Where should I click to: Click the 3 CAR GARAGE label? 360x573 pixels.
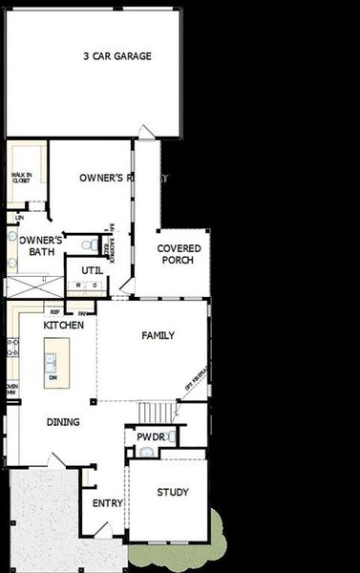click(x=116, y=56)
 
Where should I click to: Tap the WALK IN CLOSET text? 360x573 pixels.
click(x=22, y=178)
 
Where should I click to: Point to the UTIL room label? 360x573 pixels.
click(x=92, y=269)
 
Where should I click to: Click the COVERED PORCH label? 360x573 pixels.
click(x=178, y=254)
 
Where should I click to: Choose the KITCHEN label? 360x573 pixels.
click(x=64, y=326)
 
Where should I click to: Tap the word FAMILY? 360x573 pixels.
click(x=158, y=335)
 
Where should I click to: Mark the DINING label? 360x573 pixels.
click(x=63, y=421)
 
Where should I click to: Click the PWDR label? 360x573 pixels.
click(x=151, y=436)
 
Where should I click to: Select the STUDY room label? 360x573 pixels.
click(x=173, y=493)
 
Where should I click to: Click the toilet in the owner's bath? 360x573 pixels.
click(x=88, y=245)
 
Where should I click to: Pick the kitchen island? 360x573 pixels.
click(x=51, y=364)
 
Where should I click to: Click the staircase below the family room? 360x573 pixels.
click(x=158, y=412)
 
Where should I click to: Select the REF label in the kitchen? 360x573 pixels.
click(x=54, y=311)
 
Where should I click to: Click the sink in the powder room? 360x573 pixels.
click(x=144, y=451)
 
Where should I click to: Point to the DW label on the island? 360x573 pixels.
click(x=53, y=378)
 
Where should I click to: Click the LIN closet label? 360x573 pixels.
click(x=19, y=218)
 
